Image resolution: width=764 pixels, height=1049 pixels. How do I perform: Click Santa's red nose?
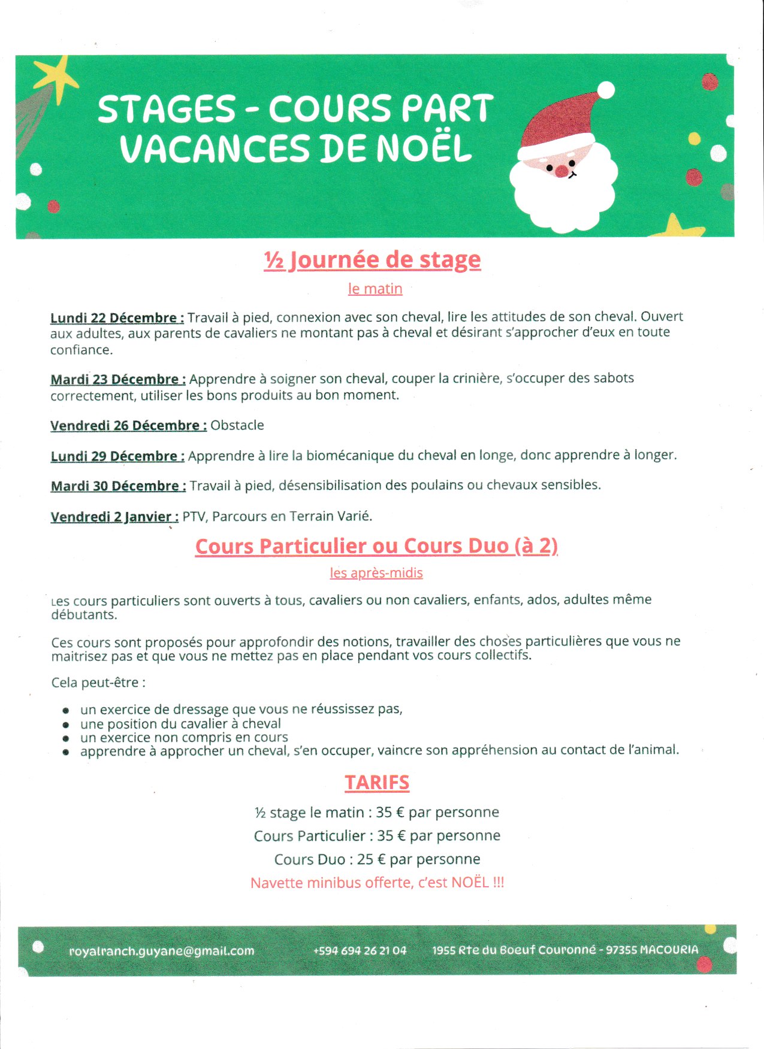[x=561, y=171]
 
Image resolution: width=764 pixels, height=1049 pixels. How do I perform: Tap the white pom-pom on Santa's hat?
[x=606, y=90]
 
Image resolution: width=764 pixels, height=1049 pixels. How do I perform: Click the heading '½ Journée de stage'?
[x=372, y=260]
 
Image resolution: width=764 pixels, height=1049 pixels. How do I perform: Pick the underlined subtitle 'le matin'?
[x=375, y=289]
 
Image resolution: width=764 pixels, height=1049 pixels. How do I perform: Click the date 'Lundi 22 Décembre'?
[x=117, y=318]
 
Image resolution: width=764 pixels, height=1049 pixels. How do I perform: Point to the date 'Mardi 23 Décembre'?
[x=118, y=380]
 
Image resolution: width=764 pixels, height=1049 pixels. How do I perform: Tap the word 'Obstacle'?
[x=237, y=425]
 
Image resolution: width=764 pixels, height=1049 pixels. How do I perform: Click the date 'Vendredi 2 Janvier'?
[x=114, y=517]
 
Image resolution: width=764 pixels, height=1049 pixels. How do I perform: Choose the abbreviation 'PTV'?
[x=194, y=516]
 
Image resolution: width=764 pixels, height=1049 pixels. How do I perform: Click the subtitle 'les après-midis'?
[x=376, y=573]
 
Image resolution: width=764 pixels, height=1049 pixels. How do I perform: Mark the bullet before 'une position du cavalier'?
[x=66, y=724]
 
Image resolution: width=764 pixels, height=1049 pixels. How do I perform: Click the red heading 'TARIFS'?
[x=377, y=783]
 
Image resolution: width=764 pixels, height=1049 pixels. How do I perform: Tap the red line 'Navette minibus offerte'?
[x=377, y=883]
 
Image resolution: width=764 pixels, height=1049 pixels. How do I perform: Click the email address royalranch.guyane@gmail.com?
[x=162, y=951]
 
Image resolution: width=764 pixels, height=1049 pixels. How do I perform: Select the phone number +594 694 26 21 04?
[x=360, y=951]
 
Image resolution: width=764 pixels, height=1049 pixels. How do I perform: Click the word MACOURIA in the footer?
[x=669, y=950]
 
